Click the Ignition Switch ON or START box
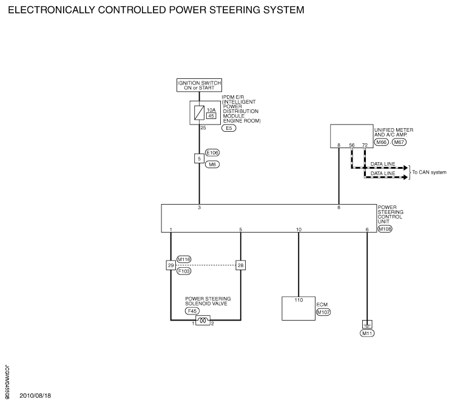[x=199, y=86]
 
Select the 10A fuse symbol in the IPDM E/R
[x=199, y=113]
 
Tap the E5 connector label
[x=229, y=128]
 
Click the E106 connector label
[x=212, y=152]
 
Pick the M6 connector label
[x=212, y=165]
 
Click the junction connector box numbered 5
[x=199, y=158]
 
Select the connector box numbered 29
[x=171, y=265]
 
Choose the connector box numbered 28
[x=241, y=265]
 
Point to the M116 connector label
[x=184, y=259]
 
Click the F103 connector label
[x=184, y=271]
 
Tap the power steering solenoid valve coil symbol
[x=203, y=321]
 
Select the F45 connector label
[x=192, y=311]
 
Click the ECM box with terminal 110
[x=299, y=308]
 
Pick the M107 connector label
[x=323, y=312]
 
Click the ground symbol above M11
[x=367, y=324]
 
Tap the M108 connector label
[x=385, y=229]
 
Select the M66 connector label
[x=382, y=142]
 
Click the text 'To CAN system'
[x=429, y=172]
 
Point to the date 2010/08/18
[x=35, y=395]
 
